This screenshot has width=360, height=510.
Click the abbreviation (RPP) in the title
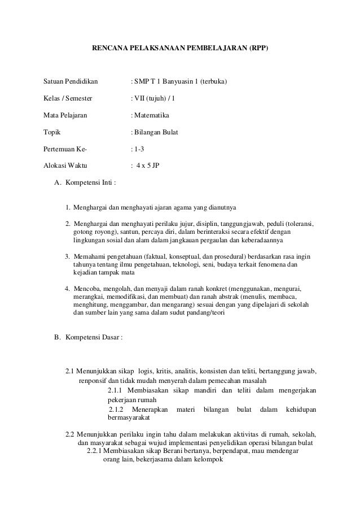coord(258,49)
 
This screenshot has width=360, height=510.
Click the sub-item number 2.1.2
coord(116,409)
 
